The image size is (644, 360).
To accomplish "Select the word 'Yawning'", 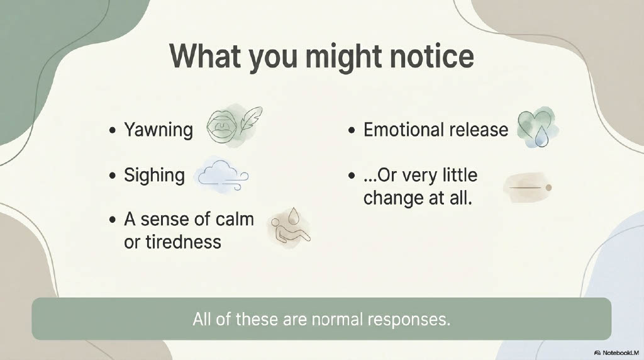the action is [x=158, y=130].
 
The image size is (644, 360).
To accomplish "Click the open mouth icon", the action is [x=221, y=126].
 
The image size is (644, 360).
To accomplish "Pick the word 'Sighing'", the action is [x=155, y=176].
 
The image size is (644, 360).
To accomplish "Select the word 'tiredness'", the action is [x=172, y=242].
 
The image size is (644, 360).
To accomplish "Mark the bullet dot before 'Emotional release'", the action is [x=351, y=131].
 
